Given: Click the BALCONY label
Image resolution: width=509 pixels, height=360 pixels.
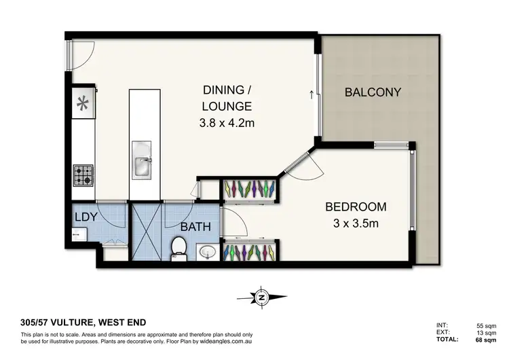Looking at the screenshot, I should click(x=373, y=92).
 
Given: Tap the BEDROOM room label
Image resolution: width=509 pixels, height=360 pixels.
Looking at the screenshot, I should click(x=356, y=206).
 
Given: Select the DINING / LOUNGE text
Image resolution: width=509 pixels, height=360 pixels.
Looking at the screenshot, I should click(x=227, y=98).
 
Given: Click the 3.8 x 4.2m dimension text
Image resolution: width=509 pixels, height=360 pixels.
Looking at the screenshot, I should click(x=227, y=123).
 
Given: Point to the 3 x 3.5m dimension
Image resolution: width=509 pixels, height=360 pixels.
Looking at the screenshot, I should click(x=356, y=223).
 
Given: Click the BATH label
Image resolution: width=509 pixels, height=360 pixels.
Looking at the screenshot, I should click(x=195, y=228).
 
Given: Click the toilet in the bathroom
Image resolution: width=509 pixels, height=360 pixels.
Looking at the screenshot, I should click(x=180, y=248).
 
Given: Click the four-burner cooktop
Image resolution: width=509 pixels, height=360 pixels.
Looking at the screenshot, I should click(x=83, y=176).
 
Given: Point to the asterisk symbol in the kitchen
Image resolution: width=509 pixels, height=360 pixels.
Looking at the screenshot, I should click(x=83, y=103).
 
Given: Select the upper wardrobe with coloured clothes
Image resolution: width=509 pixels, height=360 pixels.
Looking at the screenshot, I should click(x=250, y=190).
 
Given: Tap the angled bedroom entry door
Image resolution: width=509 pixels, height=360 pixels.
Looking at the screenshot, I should click(x=295, y=163).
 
